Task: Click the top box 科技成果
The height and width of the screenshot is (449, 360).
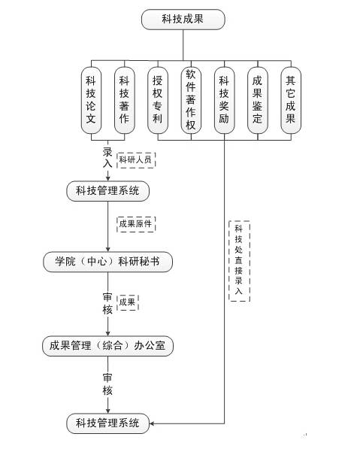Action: click(x=183, y=20)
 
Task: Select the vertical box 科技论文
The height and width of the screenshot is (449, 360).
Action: click(x=91, y=100)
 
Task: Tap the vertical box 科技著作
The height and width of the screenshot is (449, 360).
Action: click(x=125, y=100)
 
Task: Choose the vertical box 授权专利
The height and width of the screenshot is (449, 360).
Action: click(x=158, y=100)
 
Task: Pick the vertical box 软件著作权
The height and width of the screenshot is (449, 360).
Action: click(x=191, y=100)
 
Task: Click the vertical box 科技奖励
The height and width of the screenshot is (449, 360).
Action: click(x=225, y=100)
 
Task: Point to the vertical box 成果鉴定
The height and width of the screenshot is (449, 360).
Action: click(x=258, y=100)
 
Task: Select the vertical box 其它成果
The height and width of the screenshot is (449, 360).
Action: click(x=291, y=100)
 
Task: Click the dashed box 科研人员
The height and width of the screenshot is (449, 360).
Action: click(x=136, y=159)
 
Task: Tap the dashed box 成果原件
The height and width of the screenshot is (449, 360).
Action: click(x=136, y=224)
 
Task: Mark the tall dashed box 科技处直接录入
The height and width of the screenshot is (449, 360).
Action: click(x=239, y=261)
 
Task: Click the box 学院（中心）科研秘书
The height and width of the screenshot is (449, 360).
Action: click(x=108, y=262)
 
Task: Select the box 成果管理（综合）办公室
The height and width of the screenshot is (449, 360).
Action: click(x=108, y=346)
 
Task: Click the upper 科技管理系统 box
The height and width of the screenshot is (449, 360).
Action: click(x=108, y=191)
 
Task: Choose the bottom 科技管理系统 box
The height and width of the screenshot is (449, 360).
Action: click(x=108, y=423)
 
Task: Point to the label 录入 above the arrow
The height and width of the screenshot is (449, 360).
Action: click(x=107, y=158)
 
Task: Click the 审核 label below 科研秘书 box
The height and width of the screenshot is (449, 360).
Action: click(x=107, y=303)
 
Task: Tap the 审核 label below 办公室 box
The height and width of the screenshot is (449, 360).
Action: click(x=107, y=384)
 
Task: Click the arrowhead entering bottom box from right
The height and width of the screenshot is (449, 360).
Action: click(x=152, y=423)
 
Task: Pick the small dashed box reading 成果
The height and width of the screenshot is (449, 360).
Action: click(x=128, y=302)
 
